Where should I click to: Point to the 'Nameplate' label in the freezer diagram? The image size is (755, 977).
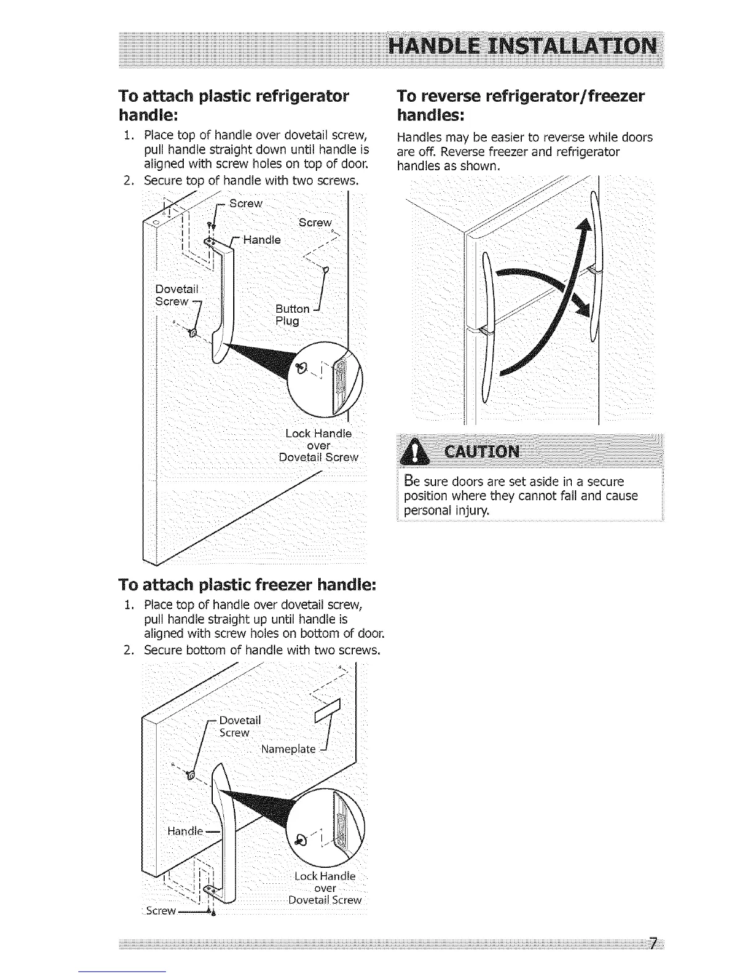point(288,749)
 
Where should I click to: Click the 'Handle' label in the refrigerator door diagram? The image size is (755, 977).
point(262,240)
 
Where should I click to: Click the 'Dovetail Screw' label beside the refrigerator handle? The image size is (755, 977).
point(175,295)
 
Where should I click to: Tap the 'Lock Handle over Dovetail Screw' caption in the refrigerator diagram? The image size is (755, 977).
point(318,445)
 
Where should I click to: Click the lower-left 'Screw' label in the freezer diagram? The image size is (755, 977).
point(160,910)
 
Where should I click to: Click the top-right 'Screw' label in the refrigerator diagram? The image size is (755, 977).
point(315,223)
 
